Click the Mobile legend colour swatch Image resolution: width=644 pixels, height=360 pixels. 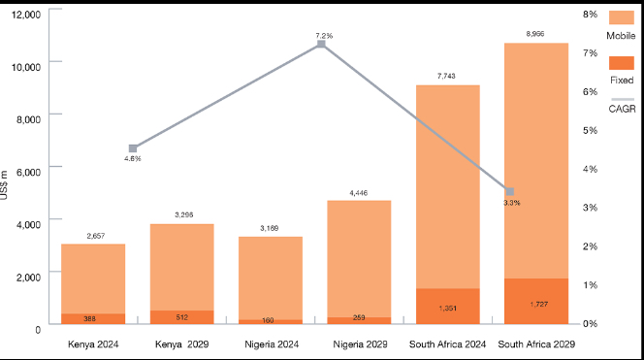pyautogui.click(x=621, y=16)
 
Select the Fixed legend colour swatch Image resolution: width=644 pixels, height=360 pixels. pyautogui.click(x=621, y=62)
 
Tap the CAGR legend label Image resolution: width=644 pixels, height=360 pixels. pyautogui.click(x=622, y=110)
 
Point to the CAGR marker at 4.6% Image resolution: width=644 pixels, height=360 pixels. pyautogui.click(x=133, y=148)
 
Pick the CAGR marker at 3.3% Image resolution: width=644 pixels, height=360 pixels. pyautogui.click(x=510, y=191)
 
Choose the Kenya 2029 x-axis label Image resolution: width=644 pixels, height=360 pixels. pyautogui.click(x=182, y=344)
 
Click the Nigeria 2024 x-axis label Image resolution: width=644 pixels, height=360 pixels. pyautogui.click(x=271, y=344)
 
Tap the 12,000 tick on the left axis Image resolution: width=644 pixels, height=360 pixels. pyautogui.click(x=24, y=15)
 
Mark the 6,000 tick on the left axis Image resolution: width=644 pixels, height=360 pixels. pyautogui.click(x=27, y=171)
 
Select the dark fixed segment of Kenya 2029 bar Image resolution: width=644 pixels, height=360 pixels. pyautogui.click(x=181, y=316)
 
